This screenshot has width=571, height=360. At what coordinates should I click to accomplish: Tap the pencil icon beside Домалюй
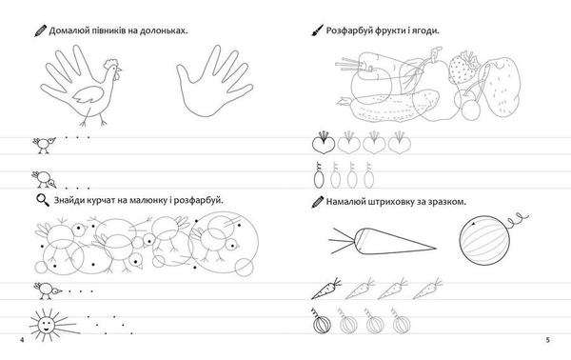click(40, 30)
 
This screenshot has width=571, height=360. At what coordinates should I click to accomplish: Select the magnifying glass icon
click(43, 200)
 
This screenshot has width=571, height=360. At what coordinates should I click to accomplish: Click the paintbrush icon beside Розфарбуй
click(317, 30)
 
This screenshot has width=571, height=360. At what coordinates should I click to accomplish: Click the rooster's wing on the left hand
click(88, 94)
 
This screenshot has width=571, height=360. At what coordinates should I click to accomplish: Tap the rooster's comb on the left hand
click(110, 63)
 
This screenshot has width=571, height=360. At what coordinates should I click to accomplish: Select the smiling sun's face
click(46, 324)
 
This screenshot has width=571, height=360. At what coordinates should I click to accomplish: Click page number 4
click(22, 340)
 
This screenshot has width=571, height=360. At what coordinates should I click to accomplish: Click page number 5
click(548, 340)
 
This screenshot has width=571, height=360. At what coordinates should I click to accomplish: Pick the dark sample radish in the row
click(324, 143)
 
